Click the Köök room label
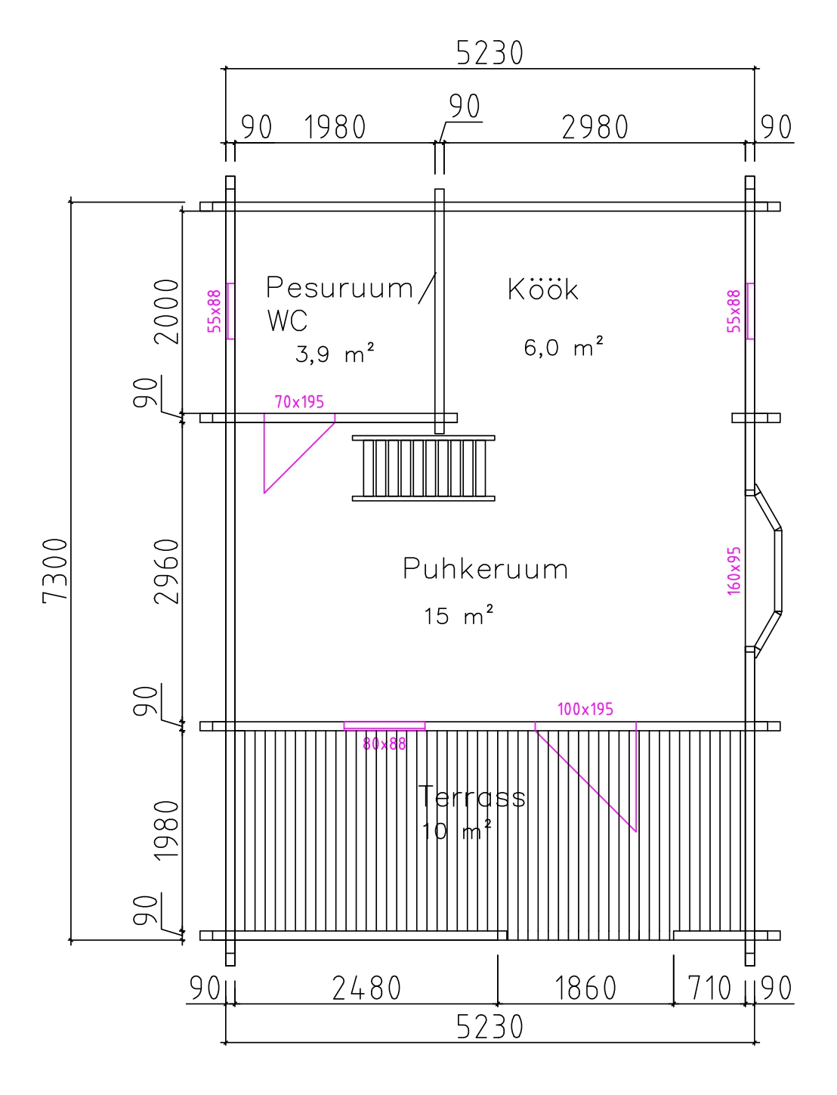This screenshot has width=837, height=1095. coord(543,289)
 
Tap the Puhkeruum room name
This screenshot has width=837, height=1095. coord(485,569)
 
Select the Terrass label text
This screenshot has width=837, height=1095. coord(472,797)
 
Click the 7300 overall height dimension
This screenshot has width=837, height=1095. coord(56,571)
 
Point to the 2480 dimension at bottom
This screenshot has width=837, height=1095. coord(367,988)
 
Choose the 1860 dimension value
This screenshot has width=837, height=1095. coord(586,988)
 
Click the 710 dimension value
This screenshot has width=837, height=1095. coord(710,988)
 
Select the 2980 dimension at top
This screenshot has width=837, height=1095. coord(595,128)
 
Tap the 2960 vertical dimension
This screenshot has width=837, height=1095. coord(167,571)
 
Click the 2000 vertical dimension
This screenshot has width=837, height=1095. coord(167,311)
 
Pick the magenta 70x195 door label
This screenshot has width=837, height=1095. coord(299,402)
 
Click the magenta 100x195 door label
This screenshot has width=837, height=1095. coord(585,709)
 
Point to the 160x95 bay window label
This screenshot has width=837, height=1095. coord(734,571)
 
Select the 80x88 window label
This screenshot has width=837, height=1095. coord(385,744)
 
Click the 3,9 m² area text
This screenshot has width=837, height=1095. coord(335,354)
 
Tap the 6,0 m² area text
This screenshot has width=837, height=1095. coord(564,348)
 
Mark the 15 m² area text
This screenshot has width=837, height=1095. coord(459,616)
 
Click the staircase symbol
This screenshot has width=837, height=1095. coord(424,468)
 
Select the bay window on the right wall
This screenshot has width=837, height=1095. coord(764,571)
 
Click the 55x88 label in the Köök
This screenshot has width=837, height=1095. coord(734,311)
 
